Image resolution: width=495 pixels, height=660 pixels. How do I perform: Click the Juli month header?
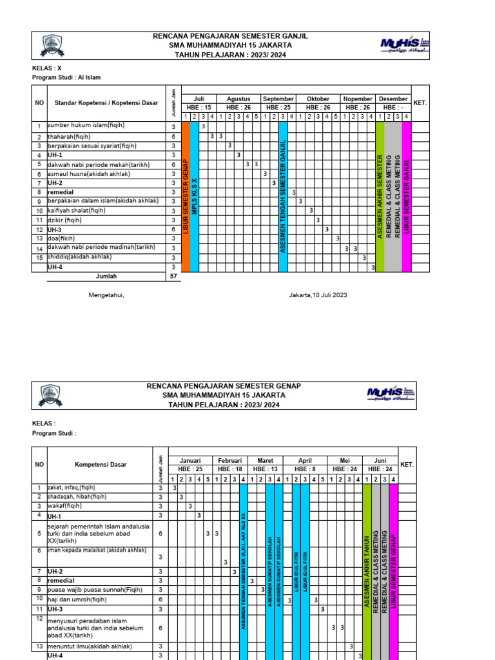pos(199,99)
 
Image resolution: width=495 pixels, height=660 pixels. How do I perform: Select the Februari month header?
pos(229,461)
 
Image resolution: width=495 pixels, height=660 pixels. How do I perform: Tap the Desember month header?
pos(393,99)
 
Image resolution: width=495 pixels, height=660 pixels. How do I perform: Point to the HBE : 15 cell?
pos(199,107)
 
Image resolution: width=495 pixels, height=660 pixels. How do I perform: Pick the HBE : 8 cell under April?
pos(306,469)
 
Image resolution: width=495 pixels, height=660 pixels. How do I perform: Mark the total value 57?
pos(173,276)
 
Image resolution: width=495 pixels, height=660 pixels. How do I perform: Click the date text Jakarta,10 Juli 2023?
pos(318,295)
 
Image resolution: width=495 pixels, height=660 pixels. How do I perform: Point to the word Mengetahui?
pos(106,295)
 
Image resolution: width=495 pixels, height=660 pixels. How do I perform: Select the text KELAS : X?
pos(47,68)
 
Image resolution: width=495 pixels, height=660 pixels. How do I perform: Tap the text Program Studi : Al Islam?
pos(66,77)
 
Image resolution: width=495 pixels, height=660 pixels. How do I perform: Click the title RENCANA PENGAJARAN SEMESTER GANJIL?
pos(230,36)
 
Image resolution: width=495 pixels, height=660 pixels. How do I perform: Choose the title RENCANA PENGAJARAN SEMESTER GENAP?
pos(224,385)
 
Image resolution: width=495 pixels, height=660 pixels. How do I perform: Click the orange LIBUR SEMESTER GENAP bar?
pos(186,197)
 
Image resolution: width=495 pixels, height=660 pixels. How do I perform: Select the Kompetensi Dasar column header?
pos(101,464)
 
